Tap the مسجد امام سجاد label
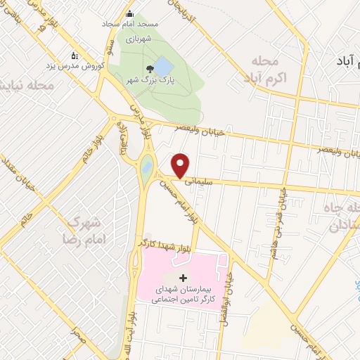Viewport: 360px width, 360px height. (129, 24)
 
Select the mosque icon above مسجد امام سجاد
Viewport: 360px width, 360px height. (129, 14)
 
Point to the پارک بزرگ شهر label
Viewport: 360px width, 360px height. (149, 80)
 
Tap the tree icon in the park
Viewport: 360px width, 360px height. (149, 69)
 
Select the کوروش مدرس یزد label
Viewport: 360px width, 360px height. (77, 65)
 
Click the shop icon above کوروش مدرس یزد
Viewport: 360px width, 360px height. (76, 55)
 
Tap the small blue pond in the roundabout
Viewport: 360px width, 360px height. (146, 168)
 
